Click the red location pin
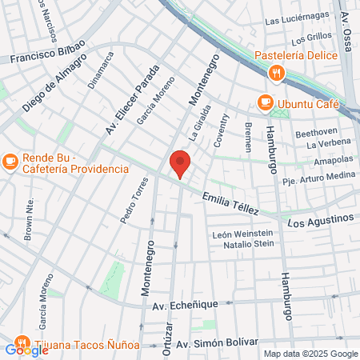[181, 163]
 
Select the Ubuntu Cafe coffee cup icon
[264, 102]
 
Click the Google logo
[26, 350]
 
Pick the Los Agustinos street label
[320, 218]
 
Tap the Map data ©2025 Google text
[311, 354]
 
